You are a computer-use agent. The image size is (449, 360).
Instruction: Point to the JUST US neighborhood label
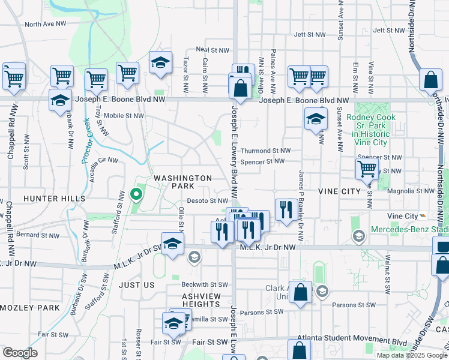137,284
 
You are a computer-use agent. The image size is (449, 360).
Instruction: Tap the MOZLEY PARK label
30,308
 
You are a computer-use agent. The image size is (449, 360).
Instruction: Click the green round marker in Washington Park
136,194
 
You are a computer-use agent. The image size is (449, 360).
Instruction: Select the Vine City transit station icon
423,216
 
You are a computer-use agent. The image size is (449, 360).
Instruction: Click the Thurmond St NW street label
265,151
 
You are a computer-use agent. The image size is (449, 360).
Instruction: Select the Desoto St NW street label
208,201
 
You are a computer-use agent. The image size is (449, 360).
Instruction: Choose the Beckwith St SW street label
204,284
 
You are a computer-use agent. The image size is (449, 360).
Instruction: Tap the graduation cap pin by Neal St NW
160,63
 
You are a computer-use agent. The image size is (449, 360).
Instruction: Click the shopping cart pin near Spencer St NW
367,169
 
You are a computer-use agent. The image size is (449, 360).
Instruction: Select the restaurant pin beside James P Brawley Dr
286,210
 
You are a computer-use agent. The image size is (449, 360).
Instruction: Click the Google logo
20,353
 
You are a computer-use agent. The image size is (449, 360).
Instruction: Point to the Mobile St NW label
124,116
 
